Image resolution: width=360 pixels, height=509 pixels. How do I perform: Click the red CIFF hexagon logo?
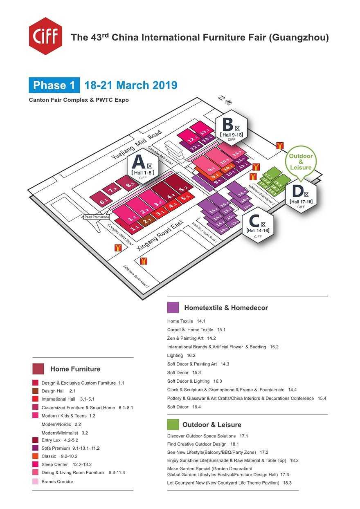click(45, 36)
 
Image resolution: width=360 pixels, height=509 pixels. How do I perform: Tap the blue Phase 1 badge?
click(54, 85)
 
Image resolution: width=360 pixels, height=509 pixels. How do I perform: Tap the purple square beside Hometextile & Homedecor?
click(173, 307)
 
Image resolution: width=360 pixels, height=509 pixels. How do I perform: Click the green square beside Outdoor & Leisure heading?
click(173, 424)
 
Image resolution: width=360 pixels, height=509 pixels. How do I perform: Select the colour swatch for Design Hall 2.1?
click(35, 391)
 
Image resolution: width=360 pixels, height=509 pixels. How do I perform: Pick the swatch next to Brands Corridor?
click(35, 482)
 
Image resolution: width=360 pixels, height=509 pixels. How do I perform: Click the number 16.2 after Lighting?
click(191, 356)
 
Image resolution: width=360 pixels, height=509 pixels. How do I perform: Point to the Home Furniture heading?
click(75, 369)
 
